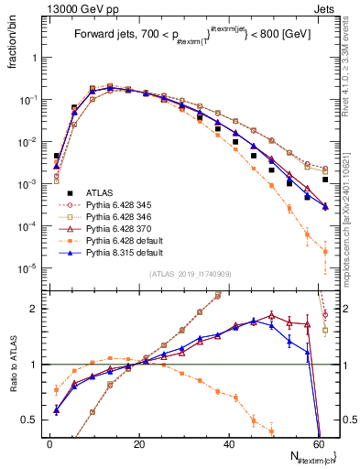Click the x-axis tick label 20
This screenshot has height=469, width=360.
[138, 444]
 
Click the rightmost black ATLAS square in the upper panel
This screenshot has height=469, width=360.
[325, 180]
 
